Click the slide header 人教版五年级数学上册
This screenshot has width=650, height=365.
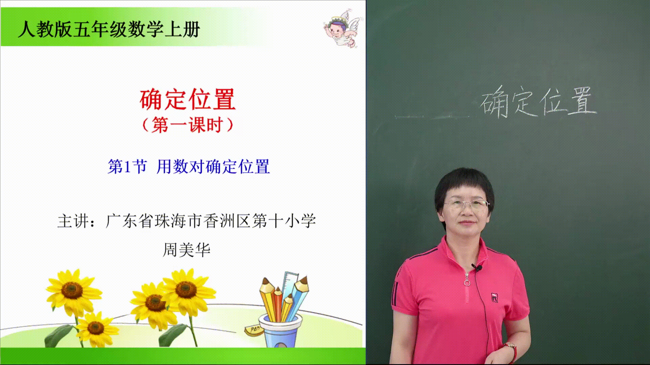click(109, 29)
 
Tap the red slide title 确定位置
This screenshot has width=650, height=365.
click(188, 99)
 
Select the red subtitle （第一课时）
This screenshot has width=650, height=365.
click(188, 125)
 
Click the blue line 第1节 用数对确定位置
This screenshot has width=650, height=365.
click(189, 167)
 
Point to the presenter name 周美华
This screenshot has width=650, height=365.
click(187, 250)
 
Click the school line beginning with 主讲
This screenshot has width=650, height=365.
click(187, 221)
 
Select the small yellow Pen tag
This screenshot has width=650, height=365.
click(254, 328)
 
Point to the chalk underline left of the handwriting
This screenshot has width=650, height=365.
click(433, 117)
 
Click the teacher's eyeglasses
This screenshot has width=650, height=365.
click(467, 204)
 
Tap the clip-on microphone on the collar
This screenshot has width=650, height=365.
click(478, 268)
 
